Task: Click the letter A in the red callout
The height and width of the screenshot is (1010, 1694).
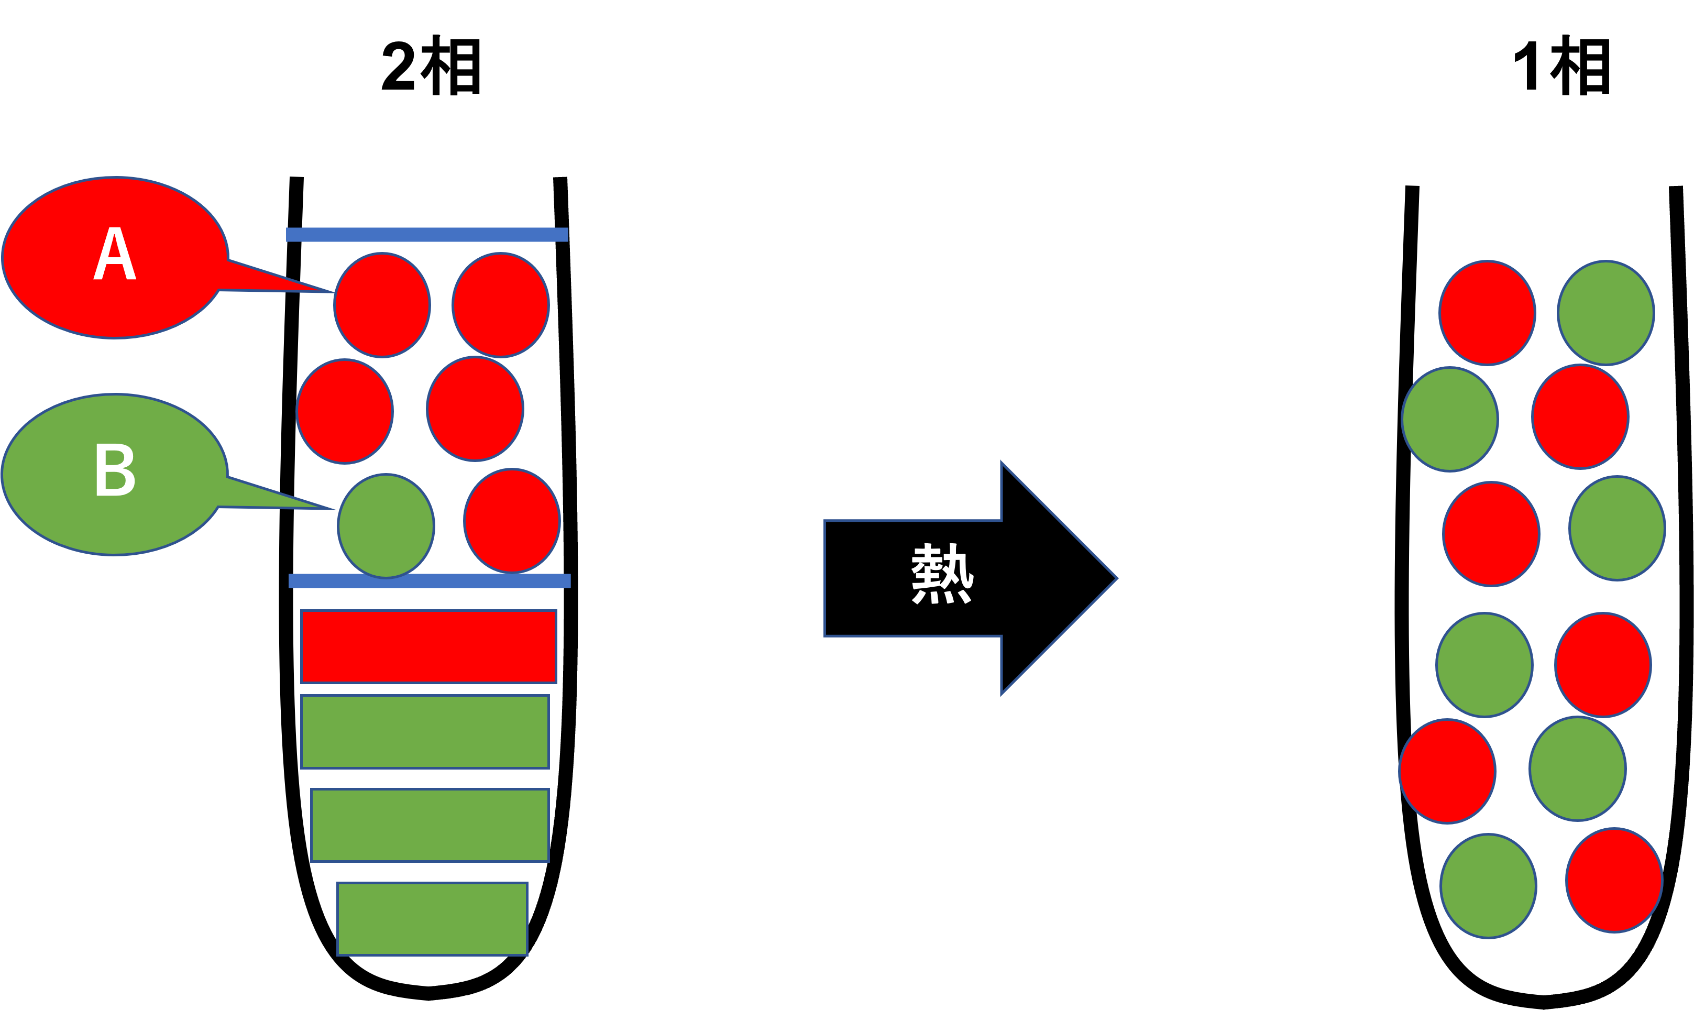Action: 114,255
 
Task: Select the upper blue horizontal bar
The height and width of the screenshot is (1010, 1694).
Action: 426,235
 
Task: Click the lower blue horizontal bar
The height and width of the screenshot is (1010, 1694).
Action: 430,580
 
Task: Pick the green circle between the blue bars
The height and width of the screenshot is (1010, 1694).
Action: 386,525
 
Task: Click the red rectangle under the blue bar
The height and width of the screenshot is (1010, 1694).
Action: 428,646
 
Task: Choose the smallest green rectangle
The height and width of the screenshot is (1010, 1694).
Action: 432,919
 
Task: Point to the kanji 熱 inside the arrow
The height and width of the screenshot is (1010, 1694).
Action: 942,574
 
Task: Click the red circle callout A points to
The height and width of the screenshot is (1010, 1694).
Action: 382,305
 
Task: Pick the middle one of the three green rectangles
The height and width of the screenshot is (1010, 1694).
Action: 430,825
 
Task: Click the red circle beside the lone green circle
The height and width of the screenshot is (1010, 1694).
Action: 512,521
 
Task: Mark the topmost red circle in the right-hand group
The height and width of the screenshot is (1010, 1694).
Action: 1487,313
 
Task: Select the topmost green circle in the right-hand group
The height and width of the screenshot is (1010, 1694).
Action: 1605,313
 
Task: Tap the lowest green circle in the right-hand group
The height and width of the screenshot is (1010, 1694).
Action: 1488,886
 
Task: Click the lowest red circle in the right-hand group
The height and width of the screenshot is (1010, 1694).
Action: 1614,880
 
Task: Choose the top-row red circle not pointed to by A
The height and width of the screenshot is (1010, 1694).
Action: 500,305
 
